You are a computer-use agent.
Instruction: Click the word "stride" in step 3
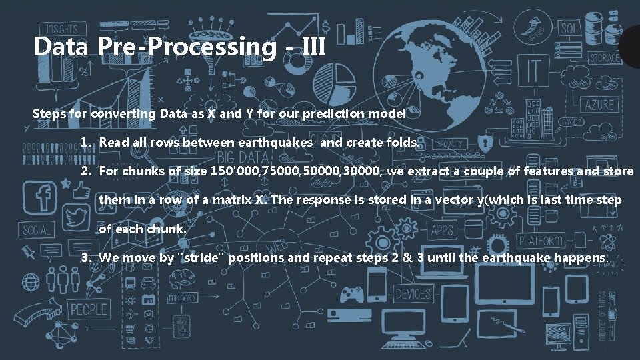pos(202,257)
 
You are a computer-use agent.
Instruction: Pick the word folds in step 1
pos(402,143)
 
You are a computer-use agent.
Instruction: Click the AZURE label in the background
pos(600,105)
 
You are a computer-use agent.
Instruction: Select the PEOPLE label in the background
pos(89,309)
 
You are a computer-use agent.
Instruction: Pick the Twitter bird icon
pos(77,218)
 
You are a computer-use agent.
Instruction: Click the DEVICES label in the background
pos(413,293)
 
